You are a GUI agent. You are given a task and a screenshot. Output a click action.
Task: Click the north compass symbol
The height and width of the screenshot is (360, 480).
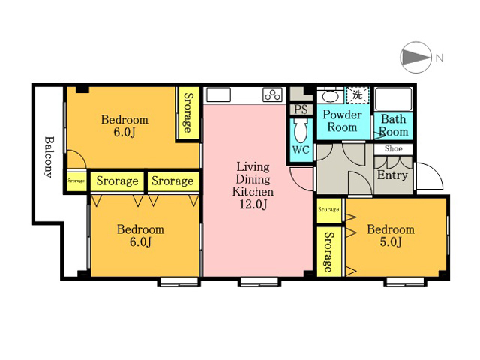pyautogui.click(x=416, y=57)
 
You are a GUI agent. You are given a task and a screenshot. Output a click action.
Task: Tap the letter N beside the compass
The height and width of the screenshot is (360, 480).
pyautogui.click(x=439, y=58)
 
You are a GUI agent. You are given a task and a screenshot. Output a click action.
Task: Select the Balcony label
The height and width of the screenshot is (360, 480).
pyautogui.click(x=49, y=157)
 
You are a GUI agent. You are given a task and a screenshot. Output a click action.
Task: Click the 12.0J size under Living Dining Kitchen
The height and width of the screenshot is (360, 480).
pyautogui.click(x=253, y=204)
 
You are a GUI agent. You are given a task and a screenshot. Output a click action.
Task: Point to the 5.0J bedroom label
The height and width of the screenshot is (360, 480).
pyautogui.click(x=391, y=235)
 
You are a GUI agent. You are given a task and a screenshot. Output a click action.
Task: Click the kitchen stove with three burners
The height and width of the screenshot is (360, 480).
pyautogui.click(x=272, y=94)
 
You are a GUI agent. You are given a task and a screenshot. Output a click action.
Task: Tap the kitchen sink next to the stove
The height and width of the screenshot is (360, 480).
pyautogui.click(x=218, y=94)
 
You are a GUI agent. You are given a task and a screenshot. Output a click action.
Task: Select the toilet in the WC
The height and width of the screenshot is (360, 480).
pyautogui.click(x=301, y=130)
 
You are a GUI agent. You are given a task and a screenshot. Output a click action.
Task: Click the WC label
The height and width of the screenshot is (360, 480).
pyautogui.click(x=301, y=150)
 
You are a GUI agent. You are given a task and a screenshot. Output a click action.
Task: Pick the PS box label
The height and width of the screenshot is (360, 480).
pyautogui.click(x=301, y=109)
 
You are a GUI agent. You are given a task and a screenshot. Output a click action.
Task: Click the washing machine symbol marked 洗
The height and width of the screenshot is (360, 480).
pyautogui.click(x=358, y=95)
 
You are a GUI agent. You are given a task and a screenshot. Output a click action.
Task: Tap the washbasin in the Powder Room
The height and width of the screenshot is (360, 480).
pyautogui.click(x=330, y=97)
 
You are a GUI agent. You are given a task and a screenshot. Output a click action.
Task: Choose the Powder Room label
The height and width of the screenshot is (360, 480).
pyautogui.click(x=342, y=121)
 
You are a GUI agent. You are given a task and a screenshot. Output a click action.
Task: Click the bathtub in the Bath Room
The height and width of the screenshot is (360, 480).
pyautogui.click(x=393, y=99)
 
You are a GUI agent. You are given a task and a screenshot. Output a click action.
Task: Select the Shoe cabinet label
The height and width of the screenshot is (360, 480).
pyautogui.click(x=393, y=148)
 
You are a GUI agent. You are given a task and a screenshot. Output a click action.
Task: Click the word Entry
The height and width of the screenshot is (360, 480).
pyautogui.click(x=392, y=175)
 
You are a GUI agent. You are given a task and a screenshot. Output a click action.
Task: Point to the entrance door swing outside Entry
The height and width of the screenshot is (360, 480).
pyautogui.click(x=428, y=176)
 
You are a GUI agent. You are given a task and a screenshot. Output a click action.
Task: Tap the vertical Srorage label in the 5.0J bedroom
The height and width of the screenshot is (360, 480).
pyautogui.click(x=328, y=252)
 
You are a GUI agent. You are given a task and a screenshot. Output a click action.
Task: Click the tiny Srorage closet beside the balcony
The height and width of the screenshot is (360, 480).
pyautogui.click(x=76, y=181)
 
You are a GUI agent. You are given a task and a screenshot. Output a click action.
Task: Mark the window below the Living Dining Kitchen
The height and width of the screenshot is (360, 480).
pyautogui.click(x=259, y=281)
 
